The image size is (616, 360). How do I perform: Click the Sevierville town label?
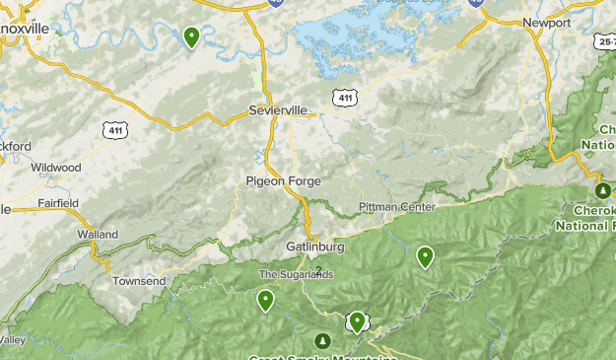tap(278, 109)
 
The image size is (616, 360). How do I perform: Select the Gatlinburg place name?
tap(313, 246)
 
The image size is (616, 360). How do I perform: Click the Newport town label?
tap(546, 23)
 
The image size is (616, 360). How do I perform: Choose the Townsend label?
tap(139, 281)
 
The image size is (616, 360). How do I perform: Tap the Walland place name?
tap(98, 235)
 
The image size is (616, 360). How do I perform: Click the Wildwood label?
tap(55, 168)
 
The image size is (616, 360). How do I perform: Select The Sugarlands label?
tap(297, 274)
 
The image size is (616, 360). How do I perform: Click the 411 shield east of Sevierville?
tap(343, 97)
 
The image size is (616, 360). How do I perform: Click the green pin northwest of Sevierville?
tap(191, 37)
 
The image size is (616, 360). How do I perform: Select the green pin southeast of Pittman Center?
tap(425, 256)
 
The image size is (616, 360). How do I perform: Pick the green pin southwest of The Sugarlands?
tap(265, 300)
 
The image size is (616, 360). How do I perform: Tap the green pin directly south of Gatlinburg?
tap(357, 321)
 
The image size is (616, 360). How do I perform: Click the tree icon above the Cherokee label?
tap(602, 190)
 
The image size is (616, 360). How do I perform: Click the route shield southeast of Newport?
tap(605, 43)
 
